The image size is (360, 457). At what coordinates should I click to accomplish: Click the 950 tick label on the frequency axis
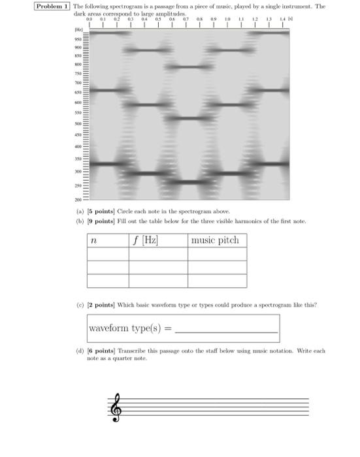[77, 39]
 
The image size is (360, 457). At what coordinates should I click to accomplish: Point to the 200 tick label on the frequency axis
[77, 198]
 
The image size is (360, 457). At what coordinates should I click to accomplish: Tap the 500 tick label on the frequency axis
[77, 123]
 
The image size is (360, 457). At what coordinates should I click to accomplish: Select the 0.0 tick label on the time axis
[91, 20]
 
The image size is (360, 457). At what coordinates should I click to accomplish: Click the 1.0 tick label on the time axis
[228, 20]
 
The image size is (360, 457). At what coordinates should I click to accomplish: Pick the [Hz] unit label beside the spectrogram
[77, 30]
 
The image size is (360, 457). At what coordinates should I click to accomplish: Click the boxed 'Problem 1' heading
[53, 6]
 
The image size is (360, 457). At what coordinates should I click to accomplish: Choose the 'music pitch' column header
[215, 240]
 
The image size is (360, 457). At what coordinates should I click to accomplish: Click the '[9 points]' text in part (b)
[105, 221]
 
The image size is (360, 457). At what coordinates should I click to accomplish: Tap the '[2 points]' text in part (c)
[105, 304]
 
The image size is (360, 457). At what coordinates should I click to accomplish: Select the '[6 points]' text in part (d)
[105, 351]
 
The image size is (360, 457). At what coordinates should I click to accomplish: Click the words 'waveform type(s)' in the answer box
[125, 328]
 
